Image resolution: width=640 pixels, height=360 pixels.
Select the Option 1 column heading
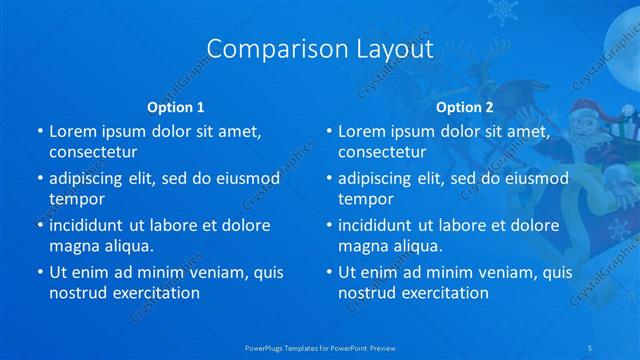[x=176, y=107]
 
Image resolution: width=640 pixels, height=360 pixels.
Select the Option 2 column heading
[x=465, y=107]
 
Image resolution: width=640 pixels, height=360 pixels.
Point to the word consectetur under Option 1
[x=93, y=152]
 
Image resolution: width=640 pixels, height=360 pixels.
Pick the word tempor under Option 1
[x=77, y=199]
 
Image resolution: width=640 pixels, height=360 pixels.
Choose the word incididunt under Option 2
[x=379, y=225]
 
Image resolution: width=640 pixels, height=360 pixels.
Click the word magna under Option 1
[x=72, y=246]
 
